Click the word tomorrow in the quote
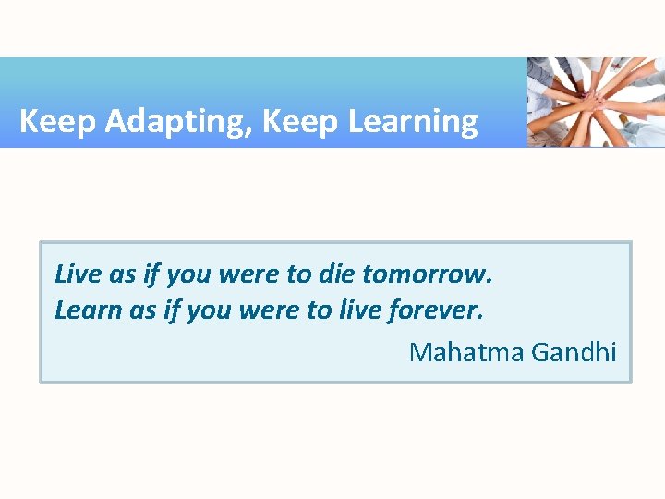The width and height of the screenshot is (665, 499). pyautogui.click(x=428, y=274)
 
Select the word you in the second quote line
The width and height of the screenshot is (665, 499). pyautogui.click(x=209, y=311)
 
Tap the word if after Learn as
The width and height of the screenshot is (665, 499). pyautogui.click(x=171, y=310)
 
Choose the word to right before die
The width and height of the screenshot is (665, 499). pyautogui.click(x=299, y=274)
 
